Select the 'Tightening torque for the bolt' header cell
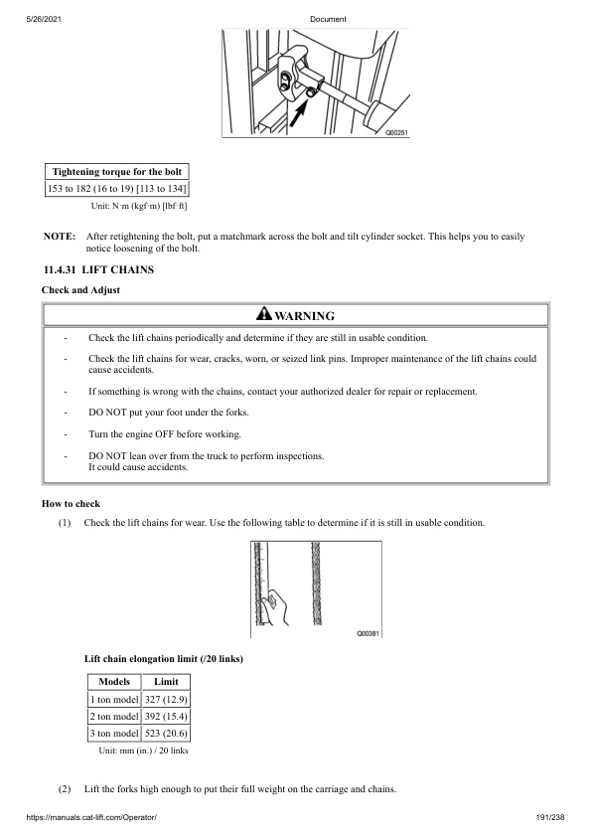click(117, 172)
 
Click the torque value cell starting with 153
click(117, 189)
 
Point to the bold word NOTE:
click(60, 237)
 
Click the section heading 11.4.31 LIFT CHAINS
click(97, 270)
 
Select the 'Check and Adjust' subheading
click(80, 289)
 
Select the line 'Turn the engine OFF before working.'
click(163, 434)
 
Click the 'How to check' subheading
click(71, 504)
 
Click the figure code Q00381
click(368, 632)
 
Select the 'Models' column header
click(113, 682)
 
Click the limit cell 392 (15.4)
click(166, 716)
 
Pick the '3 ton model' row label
click(113, 734)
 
